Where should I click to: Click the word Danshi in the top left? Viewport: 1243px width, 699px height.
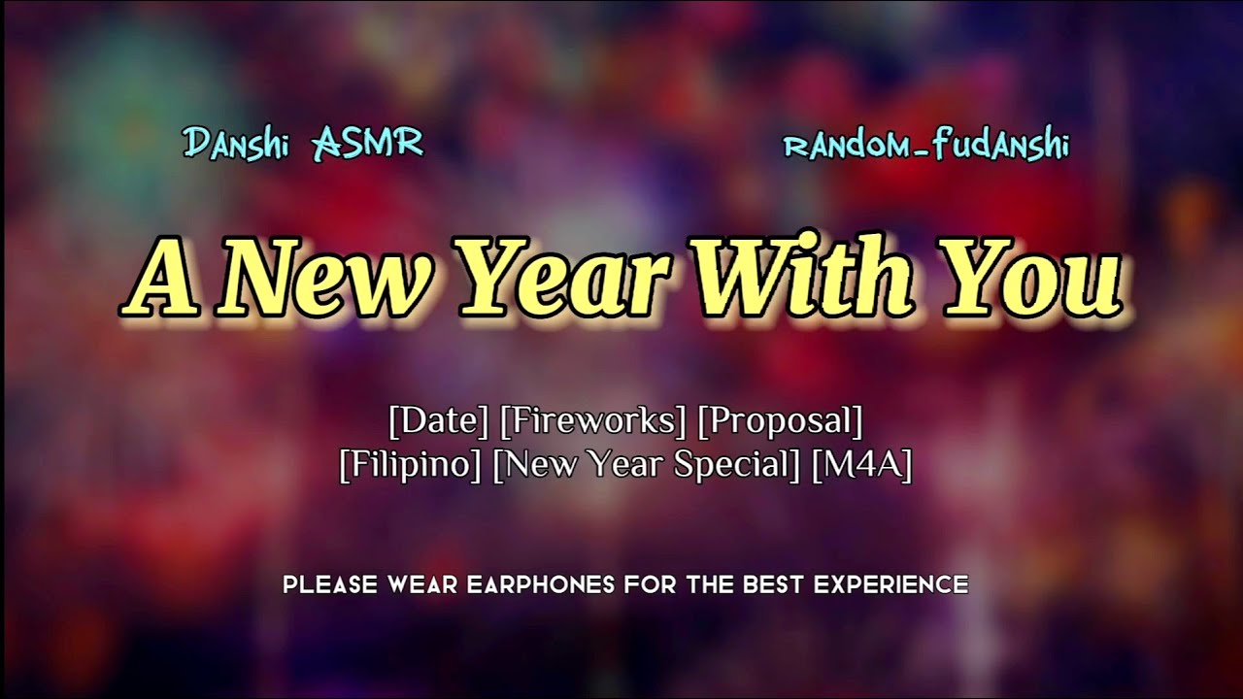click(x=237, y=145)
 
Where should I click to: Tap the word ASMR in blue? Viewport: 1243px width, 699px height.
click(x=367, y=145)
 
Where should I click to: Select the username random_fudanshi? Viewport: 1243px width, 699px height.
click(x=925, y=146)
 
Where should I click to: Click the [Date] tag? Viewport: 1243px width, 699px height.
click(x=438, y=421)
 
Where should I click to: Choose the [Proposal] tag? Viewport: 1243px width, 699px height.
click(x=780, y=421)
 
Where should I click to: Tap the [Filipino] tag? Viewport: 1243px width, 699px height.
click(x=410, y=465)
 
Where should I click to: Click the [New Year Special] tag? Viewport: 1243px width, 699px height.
click(x=647, y=465)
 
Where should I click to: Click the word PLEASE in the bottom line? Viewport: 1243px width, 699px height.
click(x=330, y=585)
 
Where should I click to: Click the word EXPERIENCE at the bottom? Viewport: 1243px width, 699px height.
click(x=890, y=585)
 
